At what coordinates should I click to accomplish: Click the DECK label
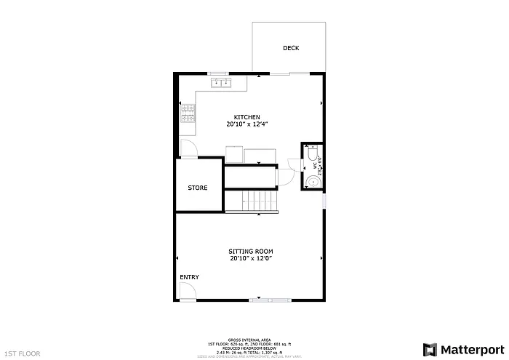pos(291,48)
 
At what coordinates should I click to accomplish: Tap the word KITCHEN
pos(247,117)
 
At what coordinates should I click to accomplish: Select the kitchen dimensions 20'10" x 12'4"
pos(247,124)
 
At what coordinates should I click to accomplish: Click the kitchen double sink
pos(221,83)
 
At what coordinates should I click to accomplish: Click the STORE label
pos(198,188)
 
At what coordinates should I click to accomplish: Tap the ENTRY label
pos(189,277)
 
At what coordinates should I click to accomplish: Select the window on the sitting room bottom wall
pos(268,300)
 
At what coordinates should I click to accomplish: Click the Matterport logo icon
pos(430,348)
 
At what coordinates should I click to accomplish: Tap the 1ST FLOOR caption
pos(22,353)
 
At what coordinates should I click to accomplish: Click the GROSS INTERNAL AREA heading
pos(249,340)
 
